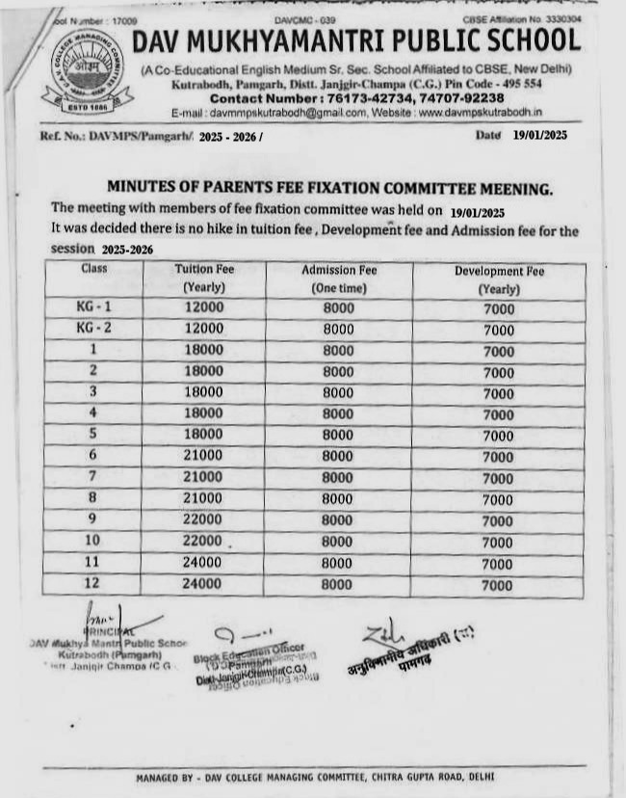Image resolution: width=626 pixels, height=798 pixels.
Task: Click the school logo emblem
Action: [88, 73]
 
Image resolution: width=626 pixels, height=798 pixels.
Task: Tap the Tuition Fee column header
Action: [204, 278]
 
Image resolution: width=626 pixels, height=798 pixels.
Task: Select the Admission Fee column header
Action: [339, 279]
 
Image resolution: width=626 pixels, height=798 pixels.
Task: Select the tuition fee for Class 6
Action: [204, 455]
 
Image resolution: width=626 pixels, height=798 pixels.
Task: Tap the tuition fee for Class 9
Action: [204, 519]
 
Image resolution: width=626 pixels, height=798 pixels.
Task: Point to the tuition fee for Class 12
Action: [203, 583]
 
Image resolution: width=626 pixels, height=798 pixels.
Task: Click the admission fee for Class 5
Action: [338, 435]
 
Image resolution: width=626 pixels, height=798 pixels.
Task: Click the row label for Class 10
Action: [93, 540]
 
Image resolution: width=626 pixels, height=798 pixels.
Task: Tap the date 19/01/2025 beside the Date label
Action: [540, 135]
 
